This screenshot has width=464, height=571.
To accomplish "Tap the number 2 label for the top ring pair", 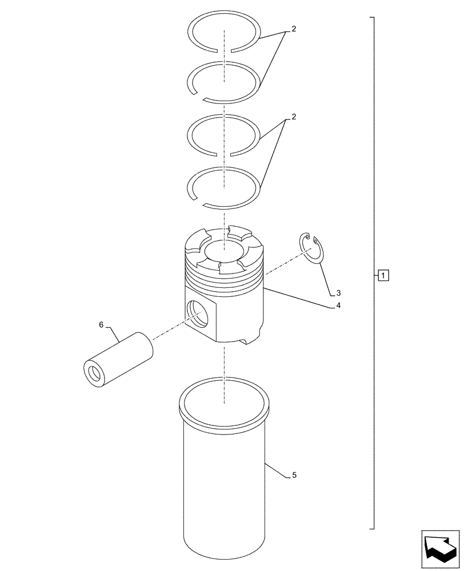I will click(294, 29).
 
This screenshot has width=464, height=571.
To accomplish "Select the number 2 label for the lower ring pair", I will click(294, 117).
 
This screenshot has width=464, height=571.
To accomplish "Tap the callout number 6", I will click(101, 325).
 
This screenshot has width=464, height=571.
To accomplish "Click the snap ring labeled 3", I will click(312, 250).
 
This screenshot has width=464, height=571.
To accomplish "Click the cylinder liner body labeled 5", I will click(224, 491).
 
